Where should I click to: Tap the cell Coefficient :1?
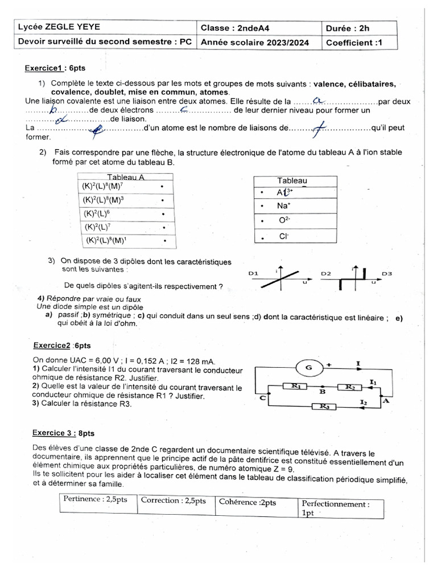[x=352, y=43]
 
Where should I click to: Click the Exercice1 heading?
[x=55, y=68]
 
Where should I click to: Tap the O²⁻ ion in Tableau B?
[x=284, y=220]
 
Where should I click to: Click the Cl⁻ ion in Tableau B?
[x=284, y=235]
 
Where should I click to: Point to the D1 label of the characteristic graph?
[x=254, y=274]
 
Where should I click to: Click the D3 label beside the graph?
[x=387, y=274]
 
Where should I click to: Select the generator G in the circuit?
[x=308, y=368]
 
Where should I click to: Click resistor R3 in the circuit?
[x=324, y=406]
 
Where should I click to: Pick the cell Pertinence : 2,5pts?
[x=96, y=500]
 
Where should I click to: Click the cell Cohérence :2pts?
[x=248, y=502]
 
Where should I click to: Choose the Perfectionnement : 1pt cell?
[x=340, y=508]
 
